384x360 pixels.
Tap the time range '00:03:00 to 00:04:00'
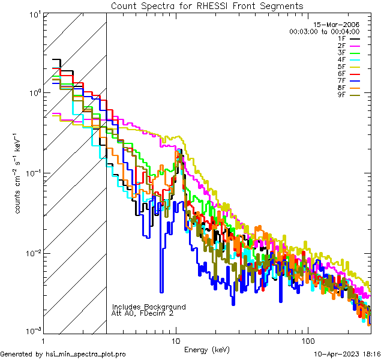324,31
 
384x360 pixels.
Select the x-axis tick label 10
176,340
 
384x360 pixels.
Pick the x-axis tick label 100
307,340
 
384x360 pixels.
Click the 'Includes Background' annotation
149,307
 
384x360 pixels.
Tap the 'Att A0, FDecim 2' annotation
143,313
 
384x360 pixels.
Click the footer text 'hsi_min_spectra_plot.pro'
86,355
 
